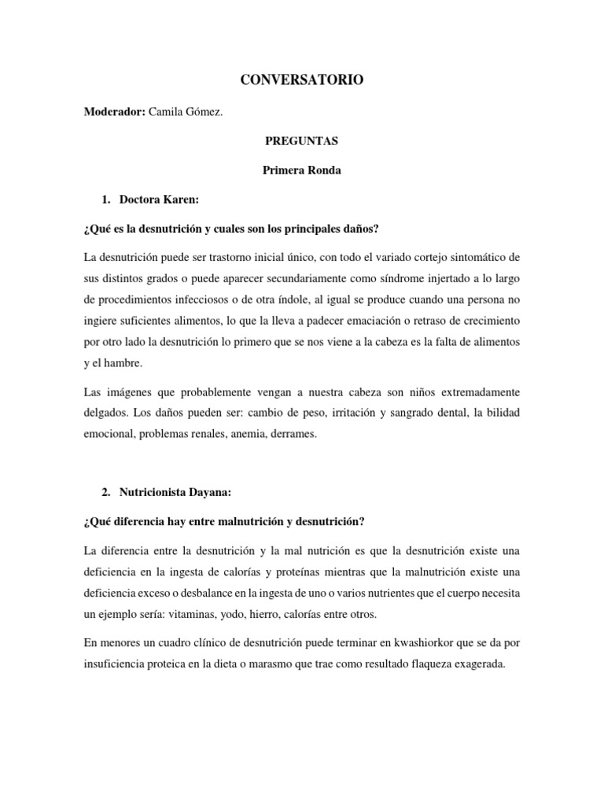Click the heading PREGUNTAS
tap(301, 142)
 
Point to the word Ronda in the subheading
tap(324, 171)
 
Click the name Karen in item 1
tap(180, 200)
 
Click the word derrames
tap(292, 433)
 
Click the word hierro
tap(266, 613)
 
